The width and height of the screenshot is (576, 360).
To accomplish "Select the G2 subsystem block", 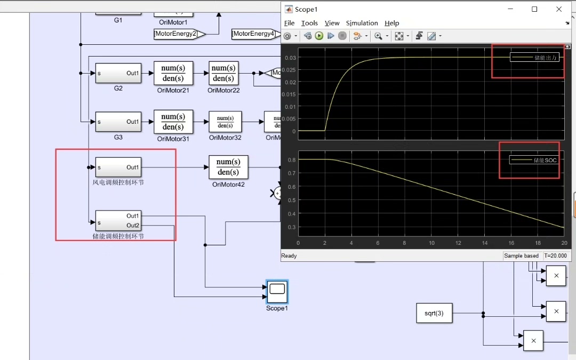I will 118,73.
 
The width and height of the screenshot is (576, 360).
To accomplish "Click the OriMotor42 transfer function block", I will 228,167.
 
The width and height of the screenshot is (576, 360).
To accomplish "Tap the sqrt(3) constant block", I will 434,313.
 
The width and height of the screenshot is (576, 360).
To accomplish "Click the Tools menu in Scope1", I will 309,23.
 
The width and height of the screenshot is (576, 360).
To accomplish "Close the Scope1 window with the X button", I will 559,9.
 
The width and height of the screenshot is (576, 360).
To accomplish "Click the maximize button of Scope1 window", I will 534,9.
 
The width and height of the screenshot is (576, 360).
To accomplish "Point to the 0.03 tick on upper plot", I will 290,58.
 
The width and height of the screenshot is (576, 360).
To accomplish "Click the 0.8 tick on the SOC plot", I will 291,159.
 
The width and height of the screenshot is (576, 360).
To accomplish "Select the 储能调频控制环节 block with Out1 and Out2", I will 118,220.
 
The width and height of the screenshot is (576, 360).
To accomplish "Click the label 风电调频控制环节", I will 118,182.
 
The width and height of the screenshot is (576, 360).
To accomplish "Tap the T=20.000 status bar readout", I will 557,256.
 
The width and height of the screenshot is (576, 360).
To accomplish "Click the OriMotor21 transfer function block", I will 173,73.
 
